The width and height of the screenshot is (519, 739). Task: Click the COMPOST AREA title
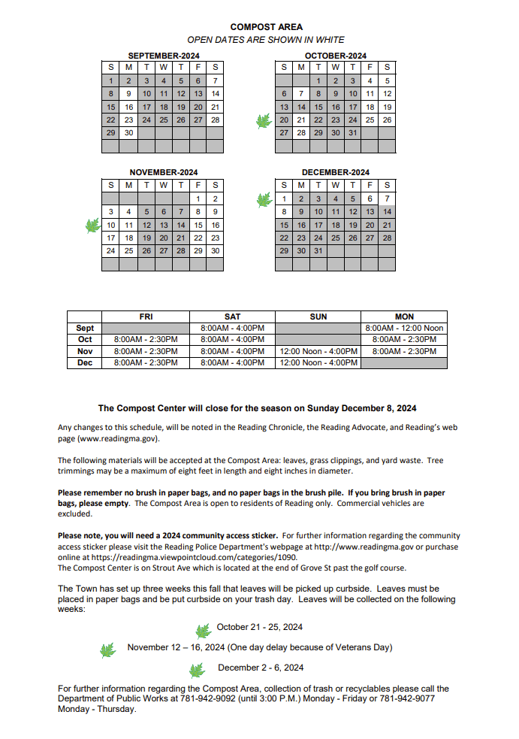[x=266, y=27]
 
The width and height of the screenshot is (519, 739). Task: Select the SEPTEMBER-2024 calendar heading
[x=163, y=56]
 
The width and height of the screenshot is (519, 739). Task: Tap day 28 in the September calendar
[x=215, y=120]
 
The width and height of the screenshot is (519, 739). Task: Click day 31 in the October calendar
[x=352, y=132]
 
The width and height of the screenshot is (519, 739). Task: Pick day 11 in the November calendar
[x=128, y=225]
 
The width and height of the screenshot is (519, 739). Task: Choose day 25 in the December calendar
[x=335, y=238]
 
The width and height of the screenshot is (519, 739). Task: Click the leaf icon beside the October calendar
[x=264, y=121]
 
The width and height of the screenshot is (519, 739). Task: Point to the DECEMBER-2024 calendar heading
[x=336, y=172]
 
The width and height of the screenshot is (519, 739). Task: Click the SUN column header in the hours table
[x=318, y=316]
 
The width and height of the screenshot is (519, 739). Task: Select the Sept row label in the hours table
[x=85, y=329]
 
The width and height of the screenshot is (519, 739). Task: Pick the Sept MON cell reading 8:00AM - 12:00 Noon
[x=404, y=329]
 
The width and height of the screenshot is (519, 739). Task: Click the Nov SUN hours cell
[x=318, y=351]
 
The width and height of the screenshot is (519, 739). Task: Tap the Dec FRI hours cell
[x=146, y=362]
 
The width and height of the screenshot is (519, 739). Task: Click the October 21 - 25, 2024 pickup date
[x=260, y=627]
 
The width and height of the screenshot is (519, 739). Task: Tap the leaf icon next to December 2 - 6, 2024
[x=198, y=670]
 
